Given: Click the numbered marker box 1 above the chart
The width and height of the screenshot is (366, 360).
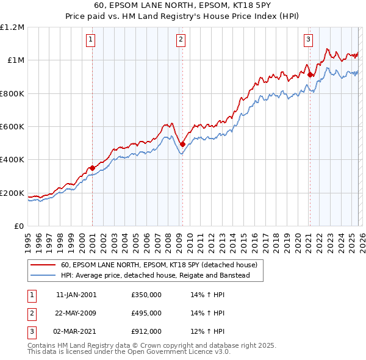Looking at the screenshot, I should [90, 40].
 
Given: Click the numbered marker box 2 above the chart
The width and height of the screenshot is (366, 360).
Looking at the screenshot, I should [181, 40].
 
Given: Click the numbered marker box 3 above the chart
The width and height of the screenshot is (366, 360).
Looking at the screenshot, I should [309, 40].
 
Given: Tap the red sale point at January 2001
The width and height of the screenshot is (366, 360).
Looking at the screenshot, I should [92, 168].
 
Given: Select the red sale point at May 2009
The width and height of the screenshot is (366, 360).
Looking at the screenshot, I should [182, 144].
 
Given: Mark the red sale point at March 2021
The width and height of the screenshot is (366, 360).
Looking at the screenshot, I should [310, 74].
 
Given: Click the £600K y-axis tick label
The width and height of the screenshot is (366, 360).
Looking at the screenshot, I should [12, 127].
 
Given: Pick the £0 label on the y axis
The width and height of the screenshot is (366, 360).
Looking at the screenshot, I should [19, 226].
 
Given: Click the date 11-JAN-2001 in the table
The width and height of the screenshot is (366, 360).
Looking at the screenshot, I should [76, 295].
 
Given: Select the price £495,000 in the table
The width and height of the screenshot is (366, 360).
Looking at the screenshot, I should [146, 313].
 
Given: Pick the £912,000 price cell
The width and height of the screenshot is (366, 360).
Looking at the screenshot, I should [146, 331].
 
